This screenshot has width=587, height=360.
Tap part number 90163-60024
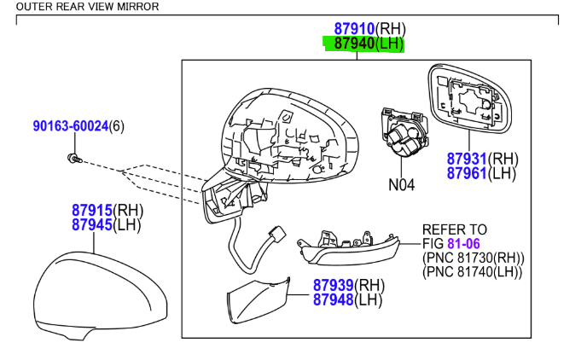pyautogui.click(x=71, y=126)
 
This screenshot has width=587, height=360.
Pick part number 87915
pyautogui.click(x=91, y=210)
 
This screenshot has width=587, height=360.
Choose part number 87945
pyautogui.click(x=91, y=225)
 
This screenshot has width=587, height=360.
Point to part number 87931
pyautogui.click(x=468, y=159)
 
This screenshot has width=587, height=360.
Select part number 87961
pyautogui.click(x=468, y=174)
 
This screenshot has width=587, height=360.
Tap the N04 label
pyautogui.click(x=401, y=183)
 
